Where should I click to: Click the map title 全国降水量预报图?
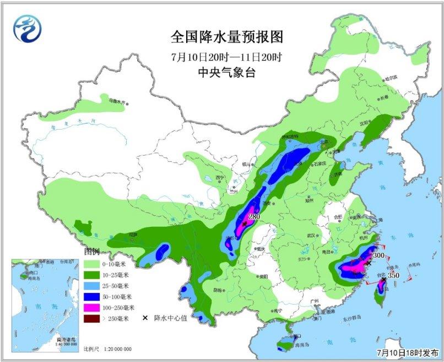[x=226, y=38]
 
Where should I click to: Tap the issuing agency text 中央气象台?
[x=226, y=73]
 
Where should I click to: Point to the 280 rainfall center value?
[x=254, y=217]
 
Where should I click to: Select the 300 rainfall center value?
[x=378, y=256]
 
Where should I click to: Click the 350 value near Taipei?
[x=393, y=275]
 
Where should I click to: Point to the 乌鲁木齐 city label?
[x=117, y=102]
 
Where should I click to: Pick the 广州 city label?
[x=315, y=301]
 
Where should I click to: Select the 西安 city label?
[x=268, y=203]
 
